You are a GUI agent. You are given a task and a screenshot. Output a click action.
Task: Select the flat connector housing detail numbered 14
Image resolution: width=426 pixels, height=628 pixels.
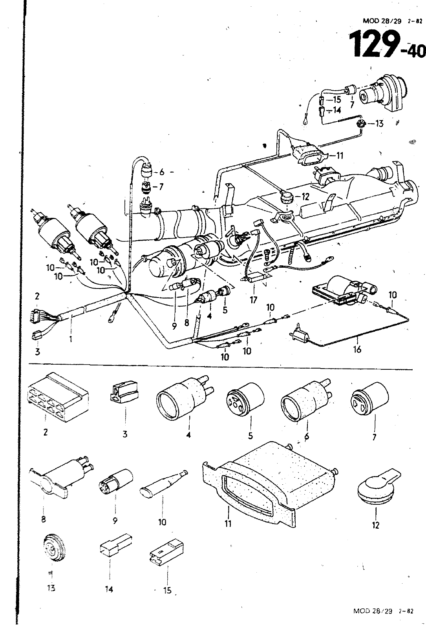115,543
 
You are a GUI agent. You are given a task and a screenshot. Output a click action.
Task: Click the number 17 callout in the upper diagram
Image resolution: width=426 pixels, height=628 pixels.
253,300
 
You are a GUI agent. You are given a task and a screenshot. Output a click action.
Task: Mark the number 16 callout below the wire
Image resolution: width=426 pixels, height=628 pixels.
357,349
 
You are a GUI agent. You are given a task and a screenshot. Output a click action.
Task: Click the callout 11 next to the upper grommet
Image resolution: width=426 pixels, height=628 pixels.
339,156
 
